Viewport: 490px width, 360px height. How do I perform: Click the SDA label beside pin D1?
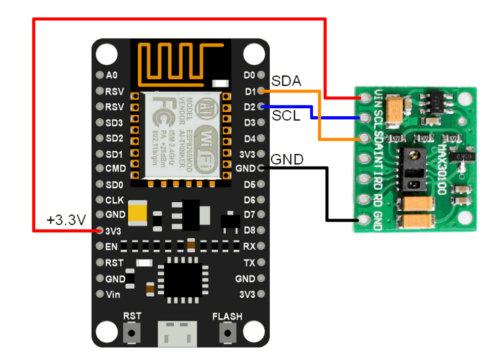pyautogui.click(x=286, y=81)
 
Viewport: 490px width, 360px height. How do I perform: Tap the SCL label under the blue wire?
pyautogui.click(x=286, y=116)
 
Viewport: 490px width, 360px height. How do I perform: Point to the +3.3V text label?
pyautogui.click(x=66, y=220)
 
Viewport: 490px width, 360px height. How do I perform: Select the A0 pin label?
pyautogui.click(x=111, y=75)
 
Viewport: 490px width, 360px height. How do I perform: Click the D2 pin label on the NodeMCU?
pyautogui.click(x=250, y=107)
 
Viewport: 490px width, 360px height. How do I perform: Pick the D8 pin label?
pyautogui.click(x=250, y=230)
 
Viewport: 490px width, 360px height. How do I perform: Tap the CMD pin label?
pyautogui.click(x=115, y=169)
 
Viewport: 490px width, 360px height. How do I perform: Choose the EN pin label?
pyautogui.click(x=111, y=246)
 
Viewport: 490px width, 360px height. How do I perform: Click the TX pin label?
pyautogui.click(x=249, y=262)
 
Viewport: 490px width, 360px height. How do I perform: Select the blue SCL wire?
pyautogui.click(x=312, y=112)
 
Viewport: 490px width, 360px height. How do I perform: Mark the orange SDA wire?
pyautogui.click(x=320, y=119)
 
